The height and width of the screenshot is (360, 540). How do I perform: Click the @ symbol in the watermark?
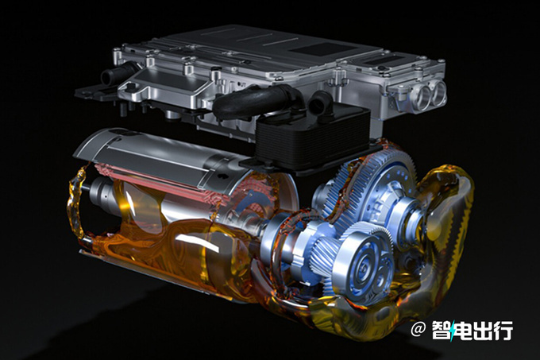click(x=418, y=330)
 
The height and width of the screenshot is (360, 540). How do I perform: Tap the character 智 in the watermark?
click(x=442, y=330)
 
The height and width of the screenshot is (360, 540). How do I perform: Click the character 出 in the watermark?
click(x=482, y=330)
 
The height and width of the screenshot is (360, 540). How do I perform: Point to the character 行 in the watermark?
click(x=503, y=330)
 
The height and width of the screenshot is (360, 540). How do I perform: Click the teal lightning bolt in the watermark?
click(x=453, y=331)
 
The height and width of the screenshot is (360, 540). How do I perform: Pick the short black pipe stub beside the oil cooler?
click(x=320, y=103)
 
